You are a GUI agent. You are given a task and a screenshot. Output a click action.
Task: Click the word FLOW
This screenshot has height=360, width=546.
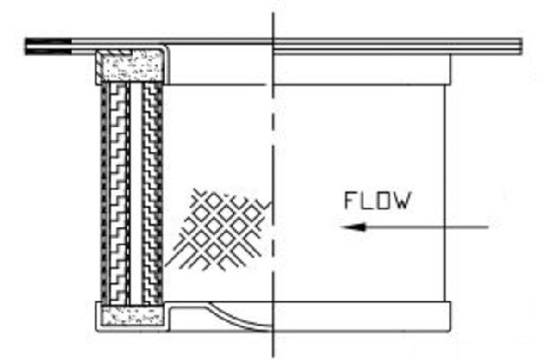377,200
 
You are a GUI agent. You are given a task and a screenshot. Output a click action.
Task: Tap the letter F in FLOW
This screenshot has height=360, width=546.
350,200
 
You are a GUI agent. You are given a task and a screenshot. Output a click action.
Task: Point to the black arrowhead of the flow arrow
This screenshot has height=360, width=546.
352,228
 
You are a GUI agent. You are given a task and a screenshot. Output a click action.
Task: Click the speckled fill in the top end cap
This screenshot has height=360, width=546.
130,66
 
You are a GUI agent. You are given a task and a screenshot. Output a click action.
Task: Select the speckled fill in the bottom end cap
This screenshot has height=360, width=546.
132,316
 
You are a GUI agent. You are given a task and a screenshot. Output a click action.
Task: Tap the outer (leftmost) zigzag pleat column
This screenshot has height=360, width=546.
118,194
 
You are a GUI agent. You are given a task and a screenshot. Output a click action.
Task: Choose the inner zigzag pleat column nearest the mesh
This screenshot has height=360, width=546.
150,194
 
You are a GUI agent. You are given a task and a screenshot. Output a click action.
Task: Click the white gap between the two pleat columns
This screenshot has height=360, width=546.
136,194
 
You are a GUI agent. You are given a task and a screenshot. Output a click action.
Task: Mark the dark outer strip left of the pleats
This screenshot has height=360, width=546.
104,194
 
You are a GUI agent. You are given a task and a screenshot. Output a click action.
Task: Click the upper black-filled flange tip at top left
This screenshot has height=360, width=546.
48,42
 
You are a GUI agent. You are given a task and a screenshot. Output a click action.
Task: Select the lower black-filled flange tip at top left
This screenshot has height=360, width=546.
48,51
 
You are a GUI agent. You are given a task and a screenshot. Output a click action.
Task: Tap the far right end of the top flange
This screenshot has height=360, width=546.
521,46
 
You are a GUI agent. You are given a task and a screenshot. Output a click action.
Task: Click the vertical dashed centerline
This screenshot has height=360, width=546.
273,184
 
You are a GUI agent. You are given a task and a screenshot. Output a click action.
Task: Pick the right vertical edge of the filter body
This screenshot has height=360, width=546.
444,194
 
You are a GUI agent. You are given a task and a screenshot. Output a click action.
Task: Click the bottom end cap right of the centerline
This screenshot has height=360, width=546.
362,316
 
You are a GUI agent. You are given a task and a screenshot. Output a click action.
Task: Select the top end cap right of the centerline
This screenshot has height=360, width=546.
362,70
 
